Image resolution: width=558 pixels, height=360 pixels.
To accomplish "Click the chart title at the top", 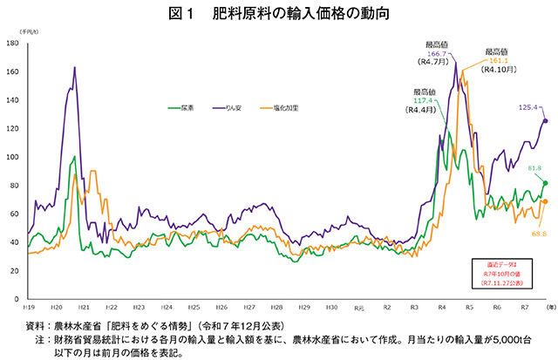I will tap(278, 13).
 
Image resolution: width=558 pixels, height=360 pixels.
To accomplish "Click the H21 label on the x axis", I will tap(84, 308).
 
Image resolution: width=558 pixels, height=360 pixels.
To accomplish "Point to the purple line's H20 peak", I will tap(74, 68).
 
